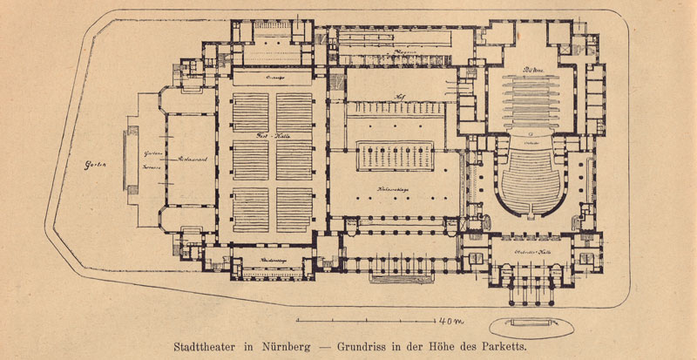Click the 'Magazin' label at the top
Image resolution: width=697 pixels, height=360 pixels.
[x=403, y=51]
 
